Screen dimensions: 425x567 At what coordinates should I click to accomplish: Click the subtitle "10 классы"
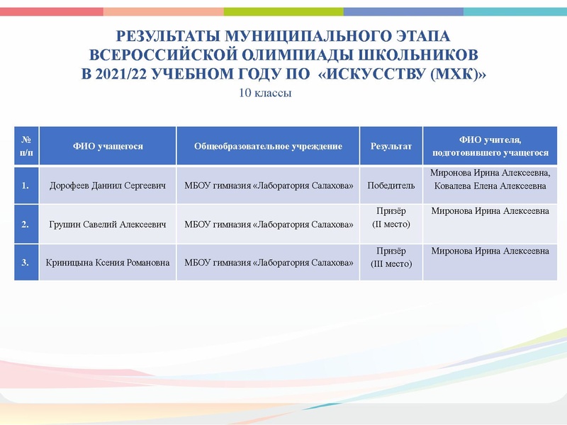[x=266, y=93]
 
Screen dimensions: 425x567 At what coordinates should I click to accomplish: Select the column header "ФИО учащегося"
[x=108, y=147]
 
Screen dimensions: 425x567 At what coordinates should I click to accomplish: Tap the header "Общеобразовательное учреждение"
[x=268, y=147]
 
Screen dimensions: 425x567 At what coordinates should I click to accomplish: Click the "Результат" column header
[x=391, y=147]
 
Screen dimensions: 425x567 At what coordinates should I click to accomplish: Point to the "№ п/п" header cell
[x=26, y=147]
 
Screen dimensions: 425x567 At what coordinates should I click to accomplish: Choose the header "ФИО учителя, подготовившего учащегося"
[x=490, y=147]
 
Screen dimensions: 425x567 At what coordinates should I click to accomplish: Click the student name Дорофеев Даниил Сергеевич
[x=108, y=186]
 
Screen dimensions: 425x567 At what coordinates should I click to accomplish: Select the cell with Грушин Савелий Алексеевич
[x=108, y=225]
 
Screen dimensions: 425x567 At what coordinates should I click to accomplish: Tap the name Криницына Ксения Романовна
[x=108, y=263]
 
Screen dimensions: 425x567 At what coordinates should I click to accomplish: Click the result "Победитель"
[x=391, y=186]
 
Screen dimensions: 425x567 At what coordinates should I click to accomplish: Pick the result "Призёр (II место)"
[x=391, y=218]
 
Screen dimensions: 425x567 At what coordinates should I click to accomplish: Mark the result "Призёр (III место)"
[x=391, y=257]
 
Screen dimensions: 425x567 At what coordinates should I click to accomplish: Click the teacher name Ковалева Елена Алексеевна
[x=490, y=187]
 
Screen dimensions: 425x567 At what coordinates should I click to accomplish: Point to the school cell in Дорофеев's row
[x=268, y=186]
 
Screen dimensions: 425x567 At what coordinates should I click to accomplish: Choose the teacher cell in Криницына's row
[x=490, y=251]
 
